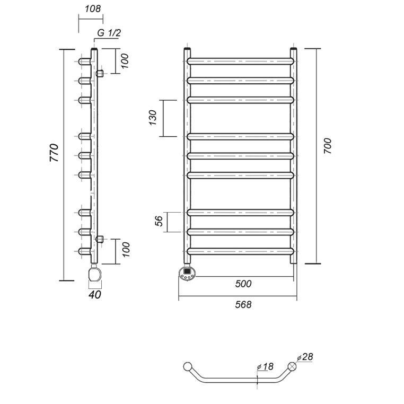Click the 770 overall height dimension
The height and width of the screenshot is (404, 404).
(x=54, y=153)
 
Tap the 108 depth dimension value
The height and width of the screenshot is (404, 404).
(x=93, y=9)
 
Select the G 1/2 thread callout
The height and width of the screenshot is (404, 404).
(x=109, y=33)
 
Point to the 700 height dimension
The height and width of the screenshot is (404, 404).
(x=328, y=146)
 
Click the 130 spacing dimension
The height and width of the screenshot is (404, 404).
(x=153, y=118)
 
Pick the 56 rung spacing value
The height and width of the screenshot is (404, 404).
(x=159, y=221)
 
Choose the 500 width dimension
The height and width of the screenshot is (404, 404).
(x=243, y=284)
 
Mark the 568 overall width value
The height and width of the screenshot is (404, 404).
(x=243, y=304)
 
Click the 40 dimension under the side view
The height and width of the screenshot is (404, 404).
(x=95, y=295)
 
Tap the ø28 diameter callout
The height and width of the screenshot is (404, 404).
(x=305, y=357)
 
